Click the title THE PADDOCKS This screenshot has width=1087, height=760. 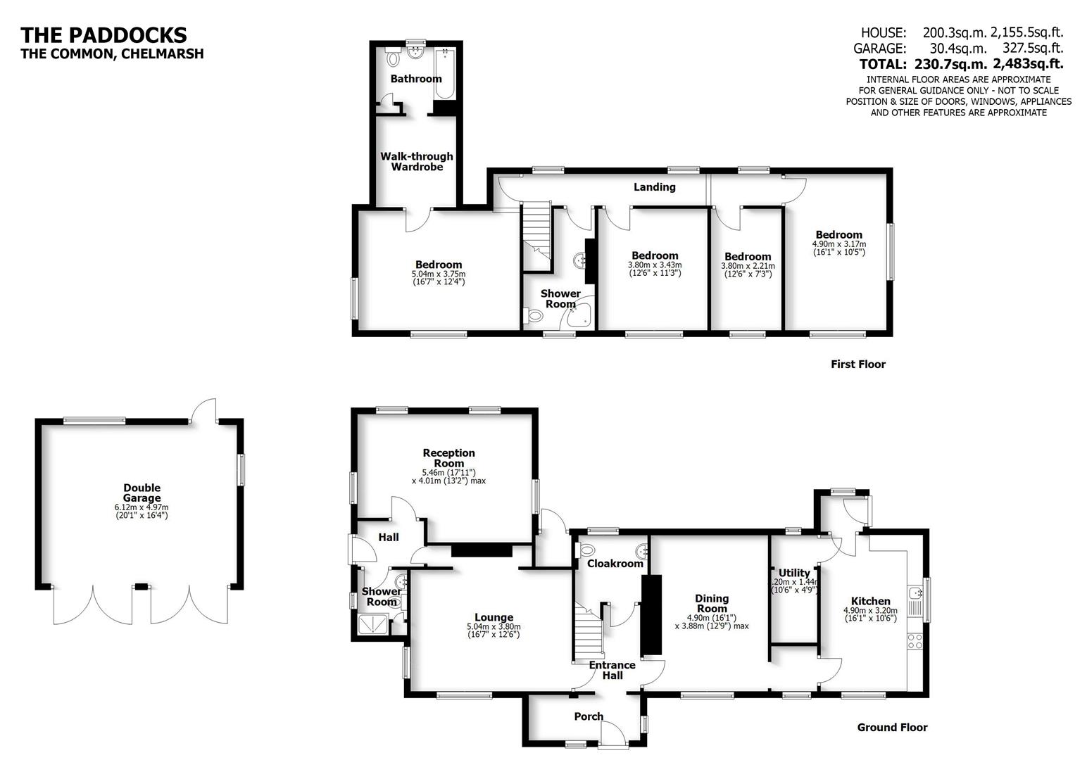tap(103, 34)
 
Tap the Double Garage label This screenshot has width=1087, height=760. tap(142, 493)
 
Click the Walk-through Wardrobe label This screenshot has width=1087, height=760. tap(417, 161)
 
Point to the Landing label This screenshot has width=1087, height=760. tap(654, 186)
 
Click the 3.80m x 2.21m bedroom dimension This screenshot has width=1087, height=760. tap(747, 266)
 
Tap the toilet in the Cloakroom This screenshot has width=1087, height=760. tap(586, 550)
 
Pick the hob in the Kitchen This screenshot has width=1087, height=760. tap(915, 641)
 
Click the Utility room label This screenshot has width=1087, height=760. tap(794, 573)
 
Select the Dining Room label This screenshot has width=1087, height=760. tap(712, 603)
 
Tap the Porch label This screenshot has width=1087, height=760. tap(589, 716)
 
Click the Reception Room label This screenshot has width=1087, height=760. tap(448, 457)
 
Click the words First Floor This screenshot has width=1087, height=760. tap(857, 364)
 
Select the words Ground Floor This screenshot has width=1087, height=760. tap(892, 728)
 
